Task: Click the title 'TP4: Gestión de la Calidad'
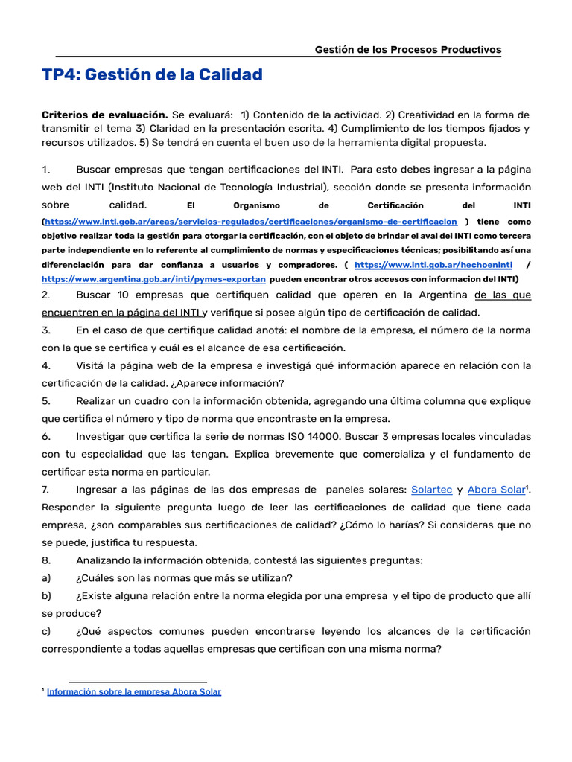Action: [152, 74]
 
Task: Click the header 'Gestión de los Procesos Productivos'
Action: [407, 50]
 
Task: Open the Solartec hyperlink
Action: [431, 490]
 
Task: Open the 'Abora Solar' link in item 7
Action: [496, 490]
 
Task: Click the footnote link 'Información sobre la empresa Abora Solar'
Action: [133, 691]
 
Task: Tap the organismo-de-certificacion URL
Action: [251, 222]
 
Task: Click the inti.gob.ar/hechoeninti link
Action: [433, 265]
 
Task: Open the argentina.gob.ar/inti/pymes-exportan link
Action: [153, 278]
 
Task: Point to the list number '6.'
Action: [46, 436]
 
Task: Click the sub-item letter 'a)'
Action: [46, 577]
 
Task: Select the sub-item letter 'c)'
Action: [46, 631]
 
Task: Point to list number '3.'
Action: [46, 330]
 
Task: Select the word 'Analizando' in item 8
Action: [105, 560]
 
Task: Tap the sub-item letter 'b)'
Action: [46, 595]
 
